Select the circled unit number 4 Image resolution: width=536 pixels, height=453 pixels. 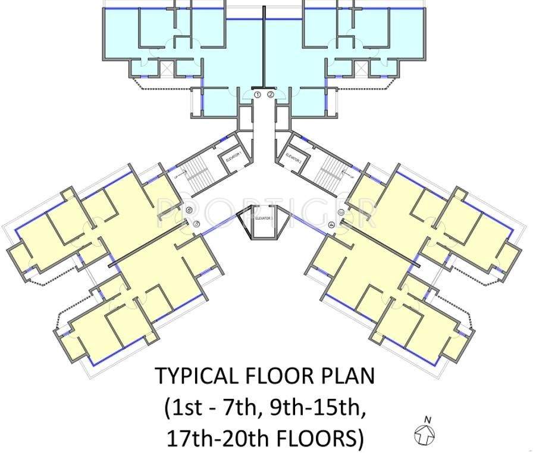331,224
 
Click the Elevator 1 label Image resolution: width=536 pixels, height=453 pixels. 234,159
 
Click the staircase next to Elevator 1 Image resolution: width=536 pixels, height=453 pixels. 199,171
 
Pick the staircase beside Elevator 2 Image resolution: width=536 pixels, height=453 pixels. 329,169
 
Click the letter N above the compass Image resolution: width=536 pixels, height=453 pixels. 427,420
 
